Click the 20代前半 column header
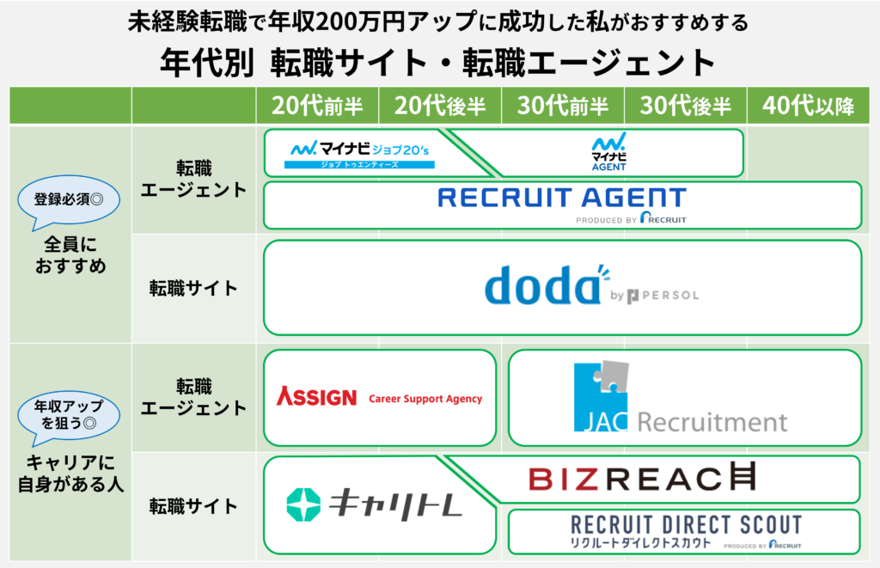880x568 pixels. pyautogui.click(x=317, y=106)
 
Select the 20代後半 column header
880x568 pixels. pyautogui.click(x=440, y=106)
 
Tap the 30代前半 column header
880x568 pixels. pyautogui.click(x=563, y=106)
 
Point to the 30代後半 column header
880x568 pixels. pyautogui.click(x=686, y=106)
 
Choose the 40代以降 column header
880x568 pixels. pyautogui.click(x=808, y=106)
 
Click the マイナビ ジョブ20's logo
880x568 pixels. pyautogui.click(x=359, y=154)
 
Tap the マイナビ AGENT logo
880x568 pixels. pyautogui.click(x=609, y=151)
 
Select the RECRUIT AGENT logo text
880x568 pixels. pyautogui.click(x=562, y=198)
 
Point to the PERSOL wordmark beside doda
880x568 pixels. pyautogui.click(x=664, y=296)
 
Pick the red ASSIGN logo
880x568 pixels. pyautogui.click(x=316, y=397)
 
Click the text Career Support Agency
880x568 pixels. pyautogui.click(x=425, y=399)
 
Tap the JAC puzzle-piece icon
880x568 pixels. pyautogui.click(x=601, y=396)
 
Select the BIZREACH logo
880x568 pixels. pyautogui.click(x=642, y=478)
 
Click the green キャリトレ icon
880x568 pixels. pyautogui.click(x=303, y=504)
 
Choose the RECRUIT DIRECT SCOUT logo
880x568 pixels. pyautogui.click(x=686, y=531)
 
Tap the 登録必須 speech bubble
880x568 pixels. pyautogui.click(x=69, y=201)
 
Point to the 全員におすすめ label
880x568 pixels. pyautogui.click(x=70, y=255)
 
